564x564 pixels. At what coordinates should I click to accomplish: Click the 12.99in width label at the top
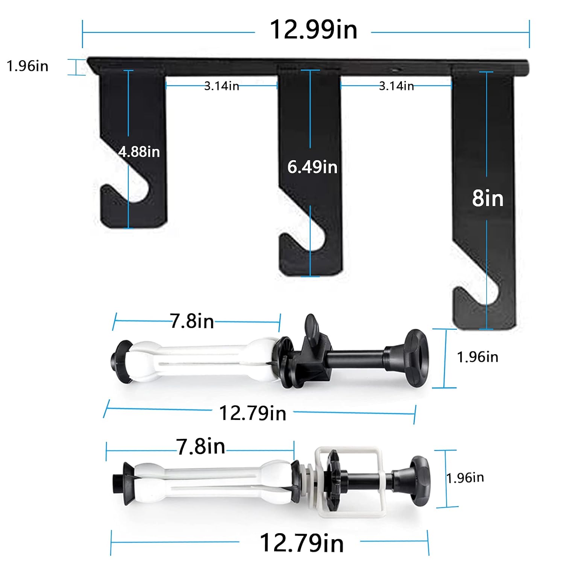pos(313,30)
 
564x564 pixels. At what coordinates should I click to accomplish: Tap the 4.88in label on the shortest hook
pos(139,152)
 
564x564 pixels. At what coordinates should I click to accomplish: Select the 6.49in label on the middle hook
pos(312,167)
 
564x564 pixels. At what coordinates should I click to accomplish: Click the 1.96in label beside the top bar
pos(27,66)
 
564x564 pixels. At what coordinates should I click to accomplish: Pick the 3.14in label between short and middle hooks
pos(221,86)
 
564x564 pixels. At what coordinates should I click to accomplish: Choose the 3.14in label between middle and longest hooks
pos(396,86)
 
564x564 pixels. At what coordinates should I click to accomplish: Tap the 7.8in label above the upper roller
pos(192,321)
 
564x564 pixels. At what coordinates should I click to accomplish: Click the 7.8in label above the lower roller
pos(201,447)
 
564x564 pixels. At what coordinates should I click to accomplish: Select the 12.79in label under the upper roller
pos(252,413)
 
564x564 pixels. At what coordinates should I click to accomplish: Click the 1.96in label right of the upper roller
pos(478,357)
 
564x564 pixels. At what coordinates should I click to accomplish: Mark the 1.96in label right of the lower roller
pos(465,478)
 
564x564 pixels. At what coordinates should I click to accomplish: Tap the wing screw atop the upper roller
pos(311,325)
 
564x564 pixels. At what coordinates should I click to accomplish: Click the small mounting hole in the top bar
pos(395,70)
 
